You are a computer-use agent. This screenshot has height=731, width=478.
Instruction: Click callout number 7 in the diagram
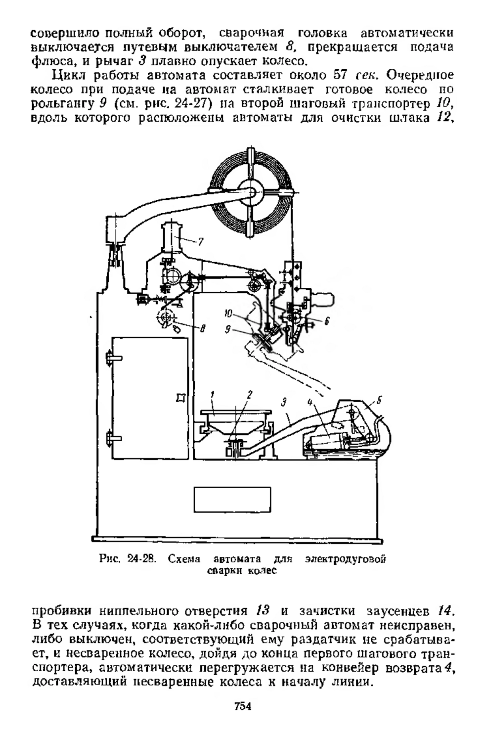click(x=201, y=242)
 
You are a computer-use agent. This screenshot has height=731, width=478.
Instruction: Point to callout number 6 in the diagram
click(x=327, y=321)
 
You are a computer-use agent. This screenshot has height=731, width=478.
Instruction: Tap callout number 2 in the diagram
click(x=250, y=395)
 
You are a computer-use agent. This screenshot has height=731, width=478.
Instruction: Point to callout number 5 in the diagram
click(x=379, y=400)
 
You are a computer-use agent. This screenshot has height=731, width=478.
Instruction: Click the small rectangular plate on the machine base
click(x=232, y=499)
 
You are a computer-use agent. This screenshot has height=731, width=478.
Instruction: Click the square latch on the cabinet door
click(x=181, y=398)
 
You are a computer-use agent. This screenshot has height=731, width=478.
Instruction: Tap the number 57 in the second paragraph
click(x=341, y=75)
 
